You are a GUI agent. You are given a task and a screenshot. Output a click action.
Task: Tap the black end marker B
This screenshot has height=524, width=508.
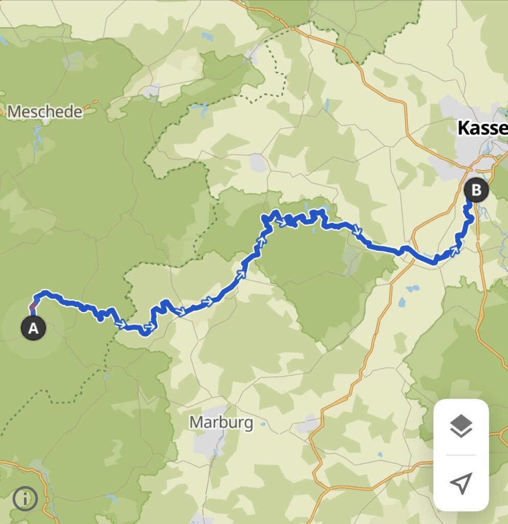(x=476, y=190)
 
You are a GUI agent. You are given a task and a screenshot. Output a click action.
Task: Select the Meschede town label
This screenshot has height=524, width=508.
(x=45, y=112)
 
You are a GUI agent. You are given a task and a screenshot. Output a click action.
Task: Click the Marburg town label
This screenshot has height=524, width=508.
(x=221, y=423)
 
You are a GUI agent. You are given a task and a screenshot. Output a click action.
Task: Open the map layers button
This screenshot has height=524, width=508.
(x=461, y=427)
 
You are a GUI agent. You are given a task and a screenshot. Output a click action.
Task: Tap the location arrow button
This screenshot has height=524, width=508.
(x=461, y=483)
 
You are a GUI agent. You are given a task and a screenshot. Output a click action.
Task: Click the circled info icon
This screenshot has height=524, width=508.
(x=25, y=498)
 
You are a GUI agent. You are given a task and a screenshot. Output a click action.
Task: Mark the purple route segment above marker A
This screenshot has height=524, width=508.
(x=33, y=308)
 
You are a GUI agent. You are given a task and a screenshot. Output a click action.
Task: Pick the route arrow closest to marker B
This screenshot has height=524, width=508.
(x=454, y=250)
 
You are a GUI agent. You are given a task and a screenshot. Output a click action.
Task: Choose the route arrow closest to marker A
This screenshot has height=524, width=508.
(x=121, y=324)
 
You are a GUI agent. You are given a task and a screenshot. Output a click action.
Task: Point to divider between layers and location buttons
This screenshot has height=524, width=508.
(x=461, y=454)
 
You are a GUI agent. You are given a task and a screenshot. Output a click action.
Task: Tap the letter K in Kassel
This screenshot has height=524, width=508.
(x=463, y=128)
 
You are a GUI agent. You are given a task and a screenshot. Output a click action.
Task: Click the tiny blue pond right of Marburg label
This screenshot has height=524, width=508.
(x=263, y=424)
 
